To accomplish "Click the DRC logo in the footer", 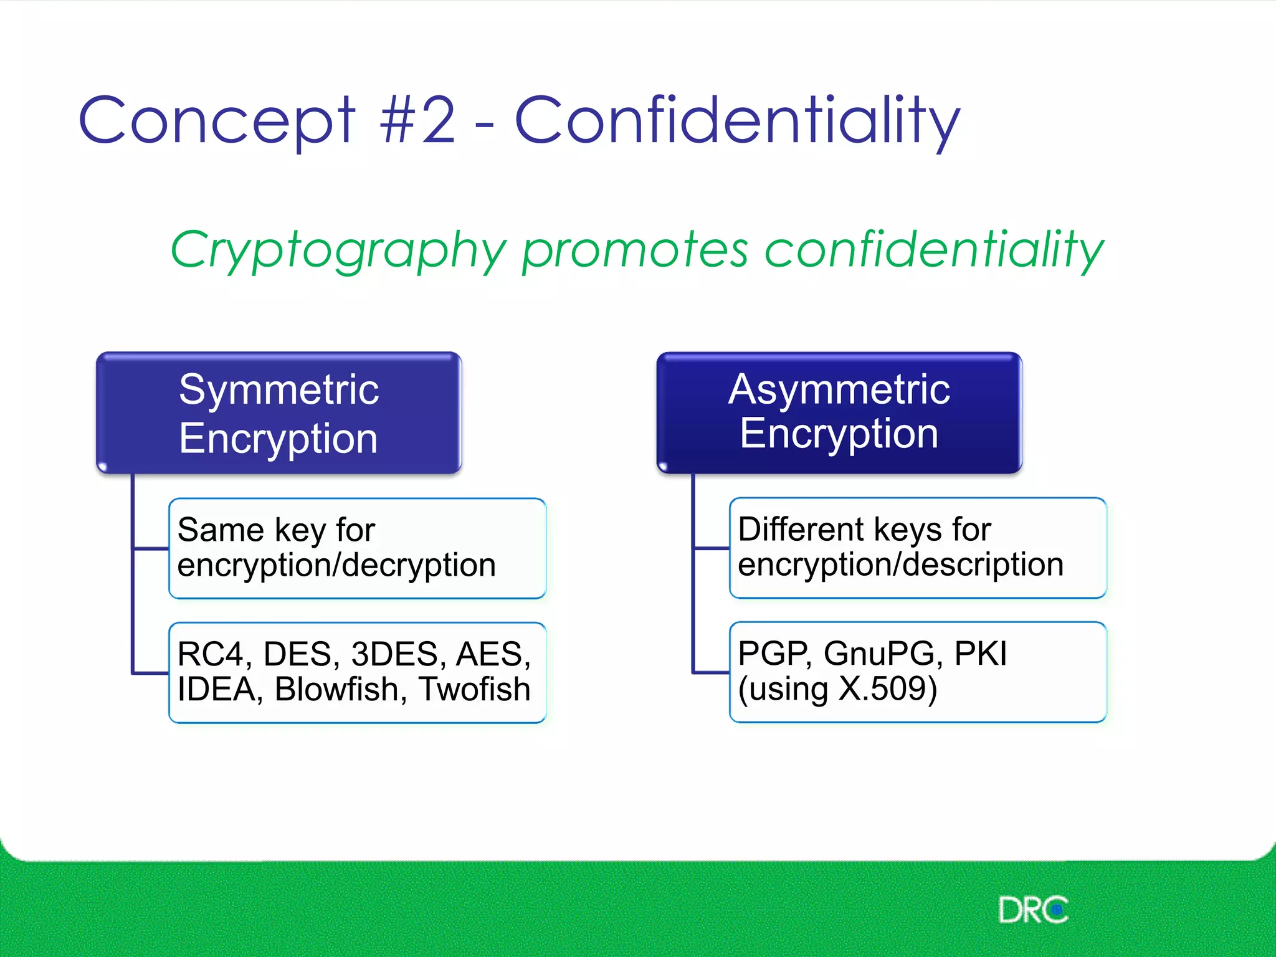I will tap(1032, 910).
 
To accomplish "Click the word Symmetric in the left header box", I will tap(279, 390).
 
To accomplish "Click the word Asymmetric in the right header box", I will tap(839, 390).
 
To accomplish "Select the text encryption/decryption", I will tap(336, 566).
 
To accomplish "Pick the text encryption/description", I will tap(900, 564).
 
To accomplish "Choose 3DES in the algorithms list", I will tap(395, 655).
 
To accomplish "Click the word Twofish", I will tap(474, 690).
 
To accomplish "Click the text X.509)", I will tap(888, 689).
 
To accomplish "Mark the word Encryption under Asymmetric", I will tap(839, 434).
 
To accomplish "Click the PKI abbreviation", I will tap(981, 654).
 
